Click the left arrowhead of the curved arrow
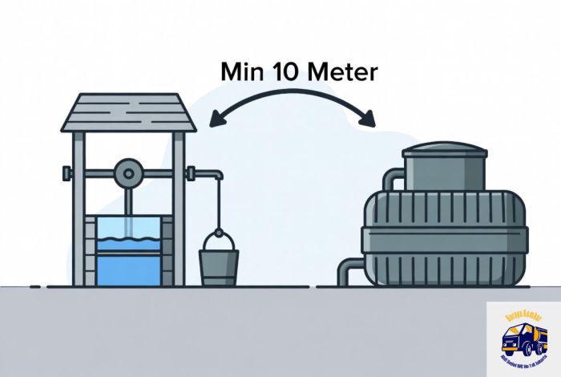(x=212, y=120)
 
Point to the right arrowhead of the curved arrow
(x=369, y=120)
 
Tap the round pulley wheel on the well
(x=127, y=172)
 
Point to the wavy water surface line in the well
(x=127, y=238)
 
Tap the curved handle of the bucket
(x=218, y=238)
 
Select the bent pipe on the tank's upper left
(x=390, y=180)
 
